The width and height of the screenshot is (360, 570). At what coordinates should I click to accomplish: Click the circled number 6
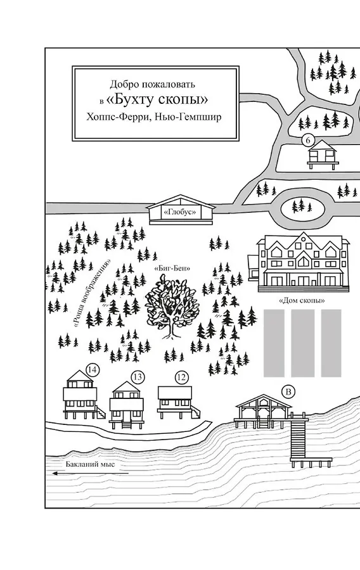[x=308, y=141]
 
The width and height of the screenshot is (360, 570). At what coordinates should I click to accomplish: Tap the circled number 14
[x=93, y=370]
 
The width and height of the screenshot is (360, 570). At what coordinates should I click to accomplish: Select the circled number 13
[x=138, y=377]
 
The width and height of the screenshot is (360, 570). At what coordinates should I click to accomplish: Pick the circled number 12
[x=181, y=377]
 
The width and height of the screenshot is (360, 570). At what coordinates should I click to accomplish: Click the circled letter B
[x=289, y=392]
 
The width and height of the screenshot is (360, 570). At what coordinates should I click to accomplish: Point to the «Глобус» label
[x=181, y=212]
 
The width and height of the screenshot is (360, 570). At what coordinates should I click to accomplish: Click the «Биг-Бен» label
[x=172, y=269]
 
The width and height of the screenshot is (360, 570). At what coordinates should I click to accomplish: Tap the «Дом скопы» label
[x=302, y=300]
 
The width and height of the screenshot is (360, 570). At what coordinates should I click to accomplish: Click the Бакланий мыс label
[x=90, y=464]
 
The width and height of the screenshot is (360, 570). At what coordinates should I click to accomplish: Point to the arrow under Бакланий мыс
[x=90, y=473]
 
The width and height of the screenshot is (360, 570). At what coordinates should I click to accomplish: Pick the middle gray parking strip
[x=303, y=343]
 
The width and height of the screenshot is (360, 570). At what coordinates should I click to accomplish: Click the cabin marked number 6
[x=321, y=155]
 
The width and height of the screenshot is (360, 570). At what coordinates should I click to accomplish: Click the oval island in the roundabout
[x=302, y=208]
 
